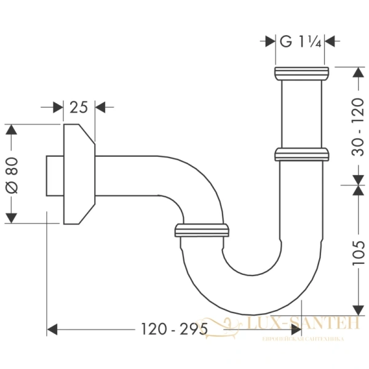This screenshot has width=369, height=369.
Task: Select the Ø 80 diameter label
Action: tap(14, 175)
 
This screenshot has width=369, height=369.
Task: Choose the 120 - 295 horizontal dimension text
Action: tap(173, 329)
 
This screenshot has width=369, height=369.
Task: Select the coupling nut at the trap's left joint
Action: tap(202, 231)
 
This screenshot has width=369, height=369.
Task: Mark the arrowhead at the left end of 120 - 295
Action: tap(53, 329)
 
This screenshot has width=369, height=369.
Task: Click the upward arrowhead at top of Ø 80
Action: tap(12, 129)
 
